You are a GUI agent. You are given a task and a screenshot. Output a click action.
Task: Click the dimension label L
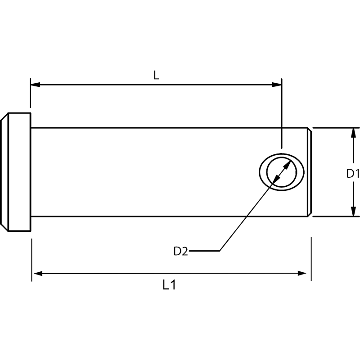click(x=156, y=75)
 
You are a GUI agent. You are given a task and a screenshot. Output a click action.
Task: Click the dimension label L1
click(x=169, y=285)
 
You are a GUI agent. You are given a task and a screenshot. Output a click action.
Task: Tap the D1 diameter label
click(x=353, y=173)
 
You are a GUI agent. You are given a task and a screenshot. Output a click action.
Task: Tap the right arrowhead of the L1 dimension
click(x=306, y=273)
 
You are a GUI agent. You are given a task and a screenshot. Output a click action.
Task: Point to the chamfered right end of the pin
click(x=310, y=172)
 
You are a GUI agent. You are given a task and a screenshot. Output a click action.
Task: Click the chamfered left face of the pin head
click(x=4, y=172)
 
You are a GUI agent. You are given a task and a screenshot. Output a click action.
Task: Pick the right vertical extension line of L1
click(x=311, y=259)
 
